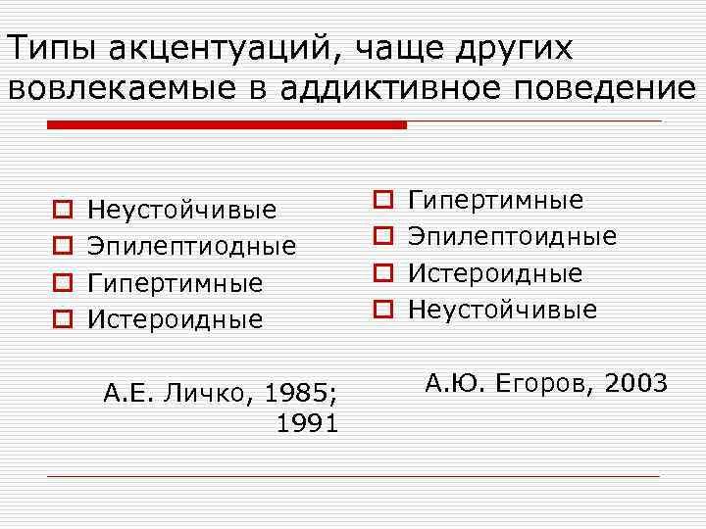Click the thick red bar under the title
(227, 125)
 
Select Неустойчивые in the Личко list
(182, 211)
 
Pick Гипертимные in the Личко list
(176, 283)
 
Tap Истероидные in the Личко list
(176, 319)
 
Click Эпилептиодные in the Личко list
(192, 247)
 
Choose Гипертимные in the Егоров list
(495, 201)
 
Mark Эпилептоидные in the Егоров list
(512, 237)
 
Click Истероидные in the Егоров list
(495, 273)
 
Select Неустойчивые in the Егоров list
(502, 310)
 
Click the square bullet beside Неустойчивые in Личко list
(60, 210)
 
